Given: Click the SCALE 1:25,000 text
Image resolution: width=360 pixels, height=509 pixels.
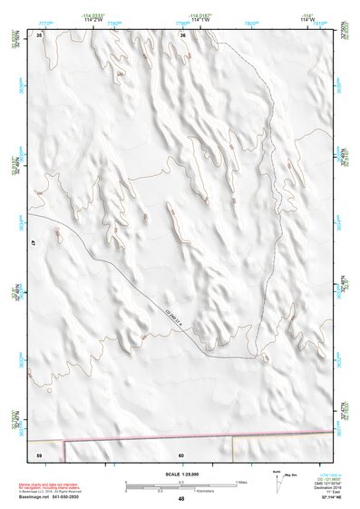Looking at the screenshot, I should point(181,475).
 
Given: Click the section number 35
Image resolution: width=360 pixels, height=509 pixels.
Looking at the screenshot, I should point(39,34).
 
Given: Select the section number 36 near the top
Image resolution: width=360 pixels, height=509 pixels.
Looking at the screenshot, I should point(182,34).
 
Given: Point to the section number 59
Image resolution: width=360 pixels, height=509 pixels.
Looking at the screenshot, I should point(39,454).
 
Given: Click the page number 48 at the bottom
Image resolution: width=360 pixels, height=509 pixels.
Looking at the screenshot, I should point(181,499).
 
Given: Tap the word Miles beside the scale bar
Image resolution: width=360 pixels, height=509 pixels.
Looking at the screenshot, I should point(242,482).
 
